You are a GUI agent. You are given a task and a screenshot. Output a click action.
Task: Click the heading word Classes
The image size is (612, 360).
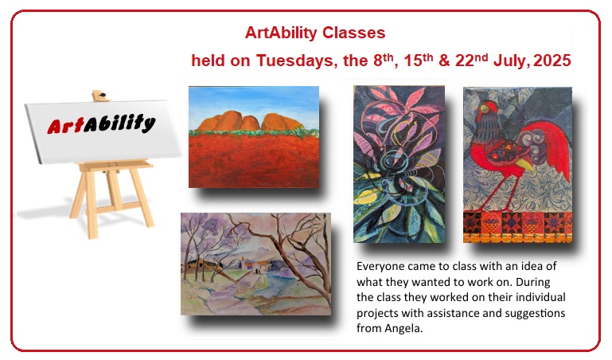pyautogui.click(x=354, y=33)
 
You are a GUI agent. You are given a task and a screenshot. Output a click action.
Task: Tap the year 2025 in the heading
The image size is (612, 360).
pyautogui.click(x=552, y=61)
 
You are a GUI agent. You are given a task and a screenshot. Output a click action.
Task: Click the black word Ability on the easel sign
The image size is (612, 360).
pyautogui.click(x=119, y=123)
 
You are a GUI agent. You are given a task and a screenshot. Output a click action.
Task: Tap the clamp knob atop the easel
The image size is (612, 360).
pyautogui.click(x=101, y=95)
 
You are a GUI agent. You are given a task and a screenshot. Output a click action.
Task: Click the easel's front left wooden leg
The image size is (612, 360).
pyautogui.click(x=90, y=203)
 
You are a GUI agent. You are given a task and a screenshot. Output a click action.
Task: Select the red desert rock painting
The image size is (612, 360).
pyautogui.click(x=254, y=137)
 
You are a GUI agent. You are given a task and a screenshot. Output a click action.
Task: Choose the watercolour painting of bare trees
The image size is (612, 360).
pyautogui.click(x=255, y=264)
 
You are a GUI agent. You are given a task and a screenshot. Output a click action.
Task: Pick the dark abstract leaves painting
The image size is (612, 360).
pyautogui.click(x=399, y=164)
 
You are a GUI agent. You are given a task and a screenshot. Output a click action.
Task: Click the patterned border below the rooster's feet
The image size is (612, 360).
pyautogui.click(x=517, y=227)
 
